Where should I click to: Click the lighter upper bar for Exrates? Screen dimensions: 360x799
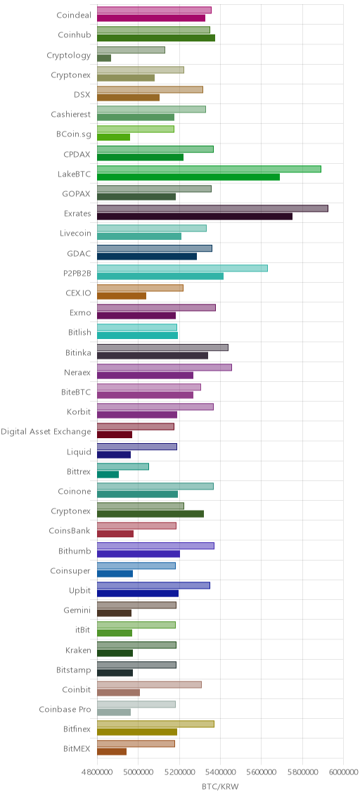point(212,208)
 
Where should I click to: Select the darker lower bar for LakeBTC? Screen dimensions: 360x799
point(188,177)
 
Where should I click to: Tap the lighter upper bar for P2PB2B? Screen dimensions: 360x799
point(182,268)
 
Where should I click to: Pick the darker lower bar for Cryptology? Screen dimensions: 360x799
point(104,58)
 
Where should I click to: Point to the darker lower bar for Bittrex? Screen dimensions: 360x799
point(108,474)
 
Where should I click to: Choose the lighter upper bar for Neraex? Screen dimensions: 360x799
point(165,367)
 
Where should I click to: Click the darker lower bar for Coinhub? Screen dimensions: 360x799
point(156,38)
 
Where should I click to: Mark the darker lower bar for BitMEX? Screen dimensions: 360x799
point(112,752)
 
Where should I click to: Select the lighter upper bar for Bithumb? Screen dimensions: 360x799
point(155,546)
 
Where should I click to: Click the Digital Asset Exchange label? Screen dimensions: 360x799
point(46,432)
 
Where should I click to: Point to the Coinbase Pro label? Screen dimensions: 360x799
point(65,709)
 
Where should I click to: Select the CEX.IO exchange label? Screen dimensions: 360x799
point(79,293)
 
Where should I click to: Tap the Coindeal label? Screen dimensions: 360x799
point(74,15)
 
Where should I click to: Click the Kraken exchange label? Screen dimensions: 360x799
point(79,650)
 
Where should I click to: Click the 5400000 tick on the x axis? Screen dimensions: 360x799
point(221,772)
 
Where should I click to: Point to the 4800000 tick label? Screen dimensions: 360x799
point(97,772)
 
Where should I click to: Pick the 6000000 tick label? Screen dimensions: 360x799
point(343,772)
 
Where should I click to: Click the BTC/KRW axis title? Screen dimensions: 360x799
point(220,787)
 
